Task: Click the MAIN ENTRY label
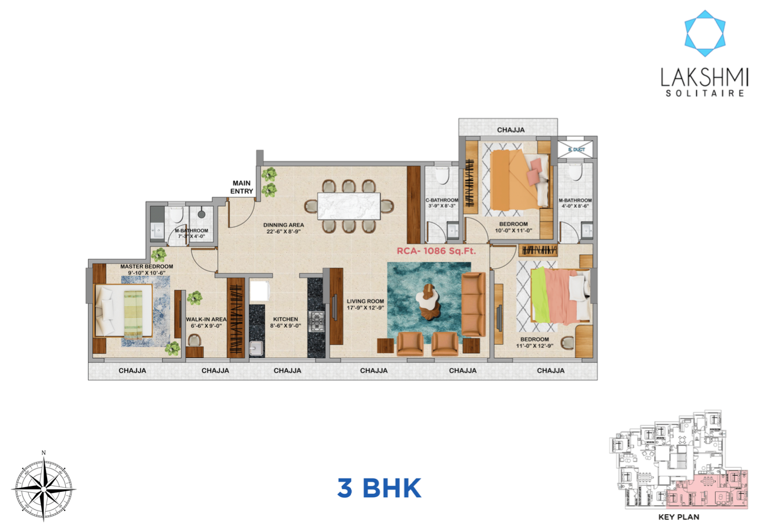pyautogui.click(x=242, y=186)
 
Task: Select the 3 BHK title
pyautogui.click(x=379, y=488)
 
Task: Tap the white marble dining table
pyautogui.click(x=349, y=205)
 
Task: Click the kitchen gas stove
pyautogui.click(x=317, y=322)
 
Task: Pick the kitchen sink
pyautogui.click(x=256, y=349)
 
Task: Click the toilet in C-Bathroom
pyautogui.click(x=443, y=176)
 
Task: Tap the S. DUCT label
pyautogui.click(x=576, y=150)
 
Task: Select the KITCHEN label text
pyautogui.click(x=284, y=320)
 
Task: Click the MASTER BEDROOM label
pyautogui.click(x=146, y=266)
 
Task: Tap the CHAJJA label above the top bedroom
pyautogui.click(x=510, y=129)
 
